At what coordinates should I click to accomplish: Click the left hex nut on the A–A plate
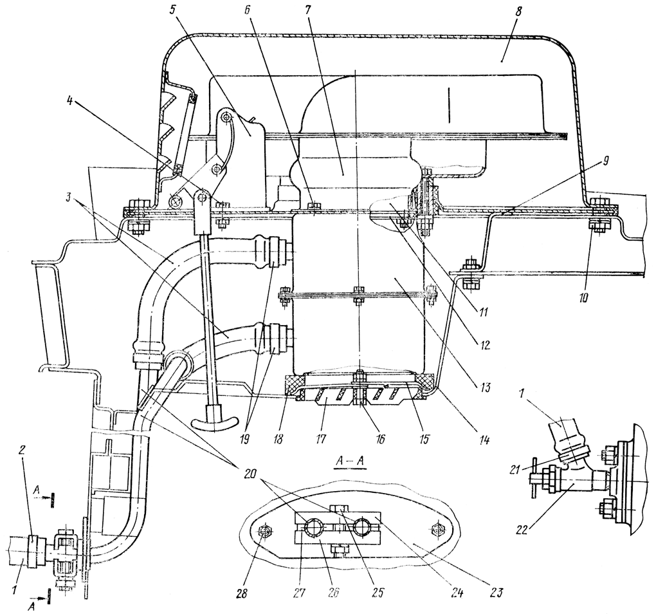262,532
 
